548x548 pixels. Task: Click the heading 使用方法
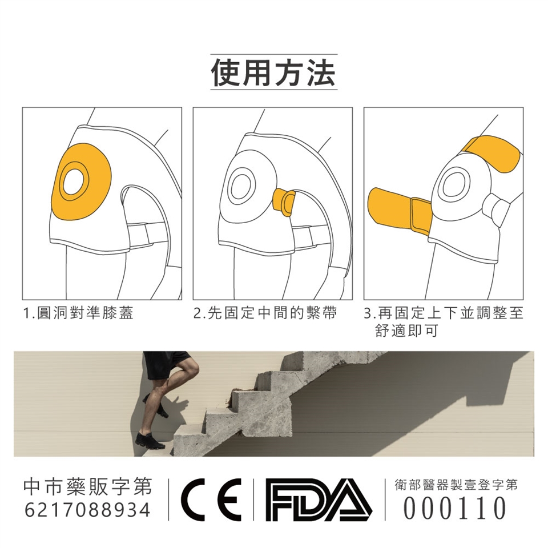pos(273,72)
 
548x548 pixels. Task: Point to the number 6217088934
pos(87,510)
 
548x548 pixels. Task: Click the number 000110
pos(454,508)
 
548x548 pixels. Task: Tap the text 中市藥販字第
pos(88,486)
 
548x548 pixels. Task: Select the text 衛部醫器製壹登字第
pos(456,485)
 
